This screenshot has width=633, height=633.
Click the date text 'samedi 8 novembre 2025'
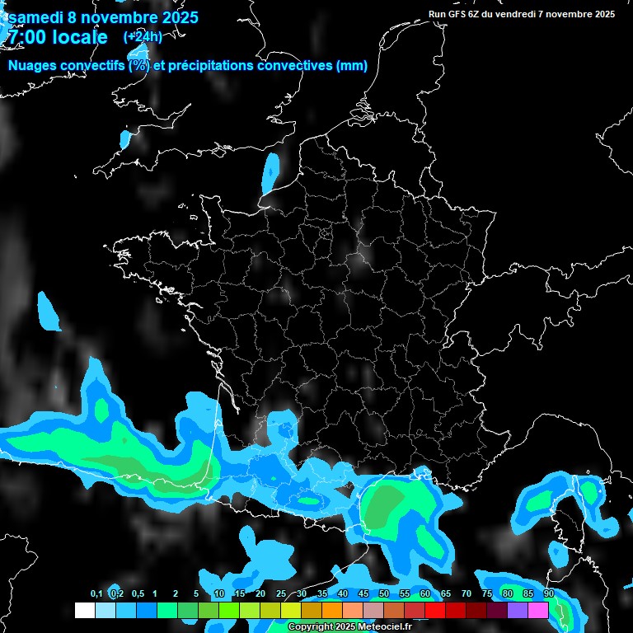coord(103,17)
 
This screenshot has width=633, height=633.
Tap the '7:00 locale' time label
coord(56,37)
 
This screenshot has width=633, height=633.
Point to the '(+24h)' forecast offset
coord(143,37)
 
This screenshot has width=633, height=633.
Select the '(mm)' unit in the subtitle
coord(352,66)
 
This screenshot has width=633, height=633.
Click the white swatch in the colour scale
coord(84,610)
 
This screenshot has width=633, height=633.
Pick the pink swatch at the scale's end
coord(538,610)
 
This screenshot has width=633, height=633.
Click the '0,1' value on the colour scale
coord(96,594)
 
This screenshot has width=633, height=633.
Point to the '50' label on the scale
coord(384,594)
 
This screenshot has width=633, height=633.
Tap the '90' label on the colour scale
coord(549,594)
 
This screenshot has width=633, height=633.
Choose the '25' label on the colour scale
coord(281,594)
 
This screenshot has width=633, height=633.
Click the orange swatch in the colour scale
coord(332,610)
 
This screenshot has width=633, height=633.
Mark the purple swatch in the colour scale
coord(518,610)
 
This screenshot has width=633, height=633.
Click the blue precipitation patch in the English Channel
coord(270,172)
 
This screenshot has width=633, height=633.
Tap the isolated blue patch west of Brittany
coord(48,312)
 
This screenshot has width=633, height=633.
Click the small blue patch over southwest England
coord(125,138)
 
